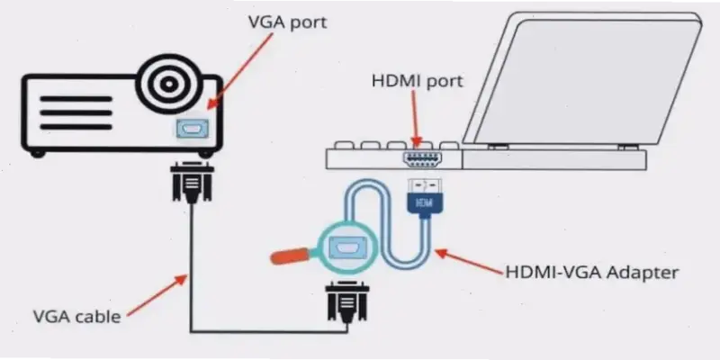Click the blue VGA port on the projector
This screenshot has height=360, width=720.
tap(193, 129)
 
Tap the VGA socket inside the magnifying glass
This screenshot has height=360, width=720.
tap(345, 246)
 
